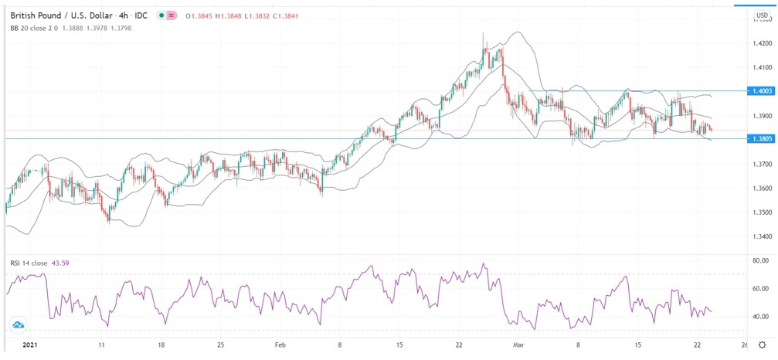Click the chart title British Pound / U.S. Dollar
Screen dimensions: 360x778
pyautogui.click(x=63, y=14)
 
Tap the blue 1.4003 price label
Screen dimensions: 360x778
pyautogui.click(x=761, y=91)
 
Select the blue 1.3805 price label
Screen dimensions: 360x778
pyautogui.click(x=761, y=138)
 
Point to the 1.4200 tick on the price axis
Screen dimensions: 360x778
pyautogui.click(x=760, y=44)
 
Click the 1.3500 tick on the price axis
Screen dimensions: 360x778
pyautogui.click(x=760, y=212)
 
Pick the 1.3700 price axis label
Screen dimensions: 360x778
pyautogui.click(x=760, y=165)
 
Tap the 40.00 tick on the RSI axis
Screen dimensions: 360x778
pyautogui.click(x=760, y=317)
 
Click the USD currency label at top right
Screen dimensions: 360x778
pyautogui.click(x=762, y=15)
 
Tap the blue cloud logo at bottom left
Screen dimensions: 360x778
pyautogui.click(x=16, y=325)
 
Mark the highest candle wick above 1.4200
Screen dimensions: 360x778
pyautogui.click(x=484, y=35)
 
